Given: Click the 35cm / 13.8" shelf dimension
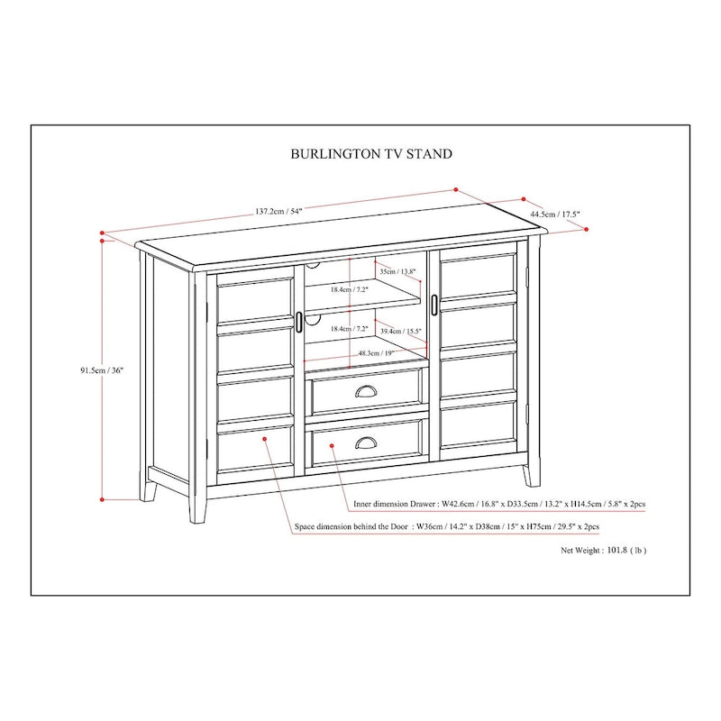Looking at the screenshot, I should coord(397,271).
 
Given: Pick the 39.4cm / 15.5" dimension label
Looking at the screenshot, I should coord(401,332).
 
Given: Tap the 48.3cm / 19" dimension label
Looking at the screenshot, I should coord(378,353).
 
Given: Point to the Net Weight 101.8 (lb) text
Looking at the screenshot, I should coord(603,549).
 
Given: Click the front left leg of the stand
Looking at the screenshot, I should coord(197,505).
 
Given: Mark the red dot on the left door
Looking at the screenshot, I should coord(265,439).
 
